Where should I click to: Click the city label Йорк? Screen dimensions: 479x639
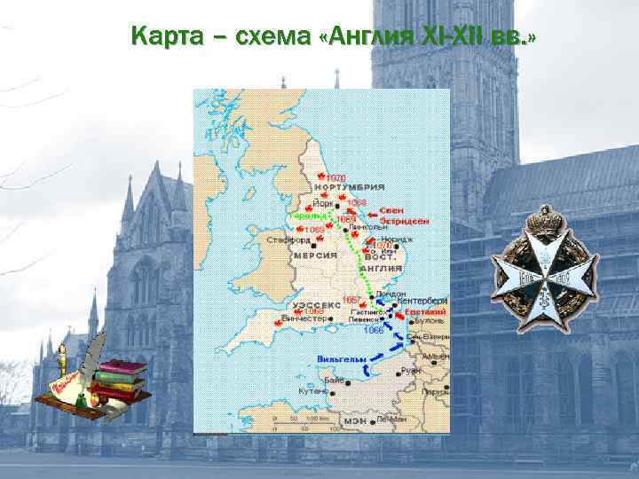tap(324, 201)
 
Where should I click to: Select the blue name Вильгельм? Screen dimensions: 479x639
tap(337, 359)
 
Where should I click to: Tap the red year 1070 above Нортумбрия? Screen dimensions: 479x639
tap(335, 177)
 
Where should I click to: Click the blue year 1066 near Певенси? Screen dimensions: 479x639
tap(374, 330)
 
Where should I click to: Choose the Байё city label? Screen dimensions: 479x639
tap(335, 379)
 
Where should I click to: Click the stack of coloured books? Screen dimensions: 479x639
tap(120, 381)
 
